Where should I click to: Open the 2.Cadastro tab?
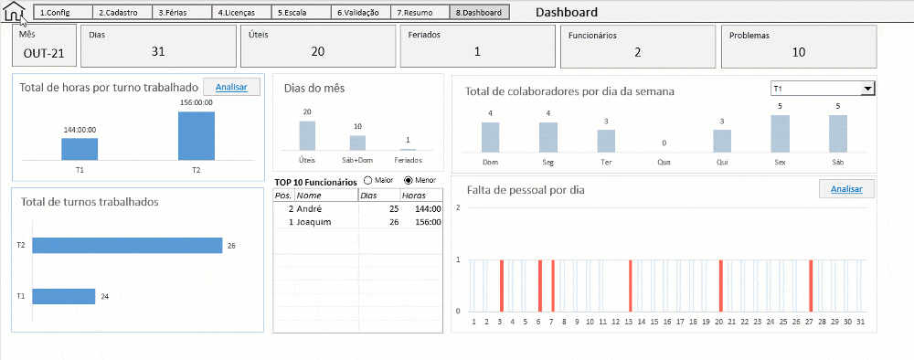coord(122,13)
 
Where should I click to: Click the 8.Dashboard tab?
coord(479,13)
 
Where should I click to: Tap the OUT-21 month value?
coord(44,53)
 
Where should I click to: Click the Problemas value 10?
coord(799,52)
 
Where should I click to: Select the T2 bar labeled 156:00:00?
coord(197,136)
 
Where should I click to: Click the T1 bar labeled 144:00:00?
coord(80,149)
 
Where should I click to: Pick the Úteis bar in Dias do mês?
coord(307,135)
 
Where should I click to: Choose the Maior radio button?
coord(368,181)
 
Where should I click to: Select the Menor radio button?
coord(409,181)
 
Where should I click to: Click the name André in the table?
coord(310,208)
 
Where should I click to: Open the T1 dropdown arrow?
coord(868,89)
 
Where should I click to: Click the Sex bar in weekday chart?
coord(780,133)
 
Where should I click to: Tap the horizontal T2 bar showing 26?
coord(127,245)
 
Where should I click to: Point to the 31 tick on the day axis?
coord(860,321)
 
